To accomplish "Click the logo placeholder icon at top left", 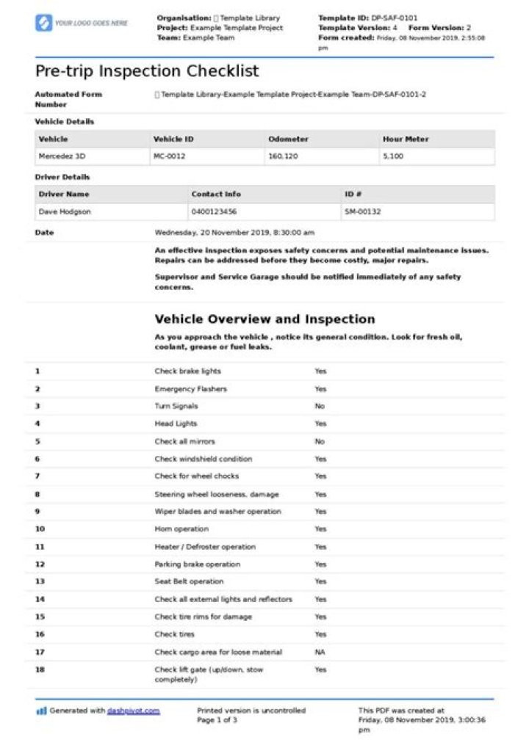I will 43,23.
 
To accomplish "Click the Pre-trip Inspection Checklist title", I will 147,71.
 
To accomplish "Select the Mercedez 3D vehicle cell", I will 60,156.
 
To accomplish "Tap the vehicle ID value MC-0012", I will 169,156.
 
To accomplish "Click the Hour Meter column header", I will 406,139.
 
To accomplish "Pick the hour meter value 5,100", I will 393,156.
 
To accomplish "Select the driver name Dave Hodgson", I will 66,211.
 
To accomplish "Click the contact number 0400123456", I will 214,211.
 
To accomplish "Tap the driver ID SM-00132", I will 362,211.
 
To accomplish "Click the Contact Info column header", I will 216,194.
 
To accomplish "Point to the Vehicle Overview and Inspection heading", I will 264,319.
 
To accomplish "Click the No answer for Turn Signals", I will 320,406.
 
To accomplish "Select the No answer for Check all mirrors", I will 320,441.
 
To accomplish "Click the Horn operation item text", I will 181,529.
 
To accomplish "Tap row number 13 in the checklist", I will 40,581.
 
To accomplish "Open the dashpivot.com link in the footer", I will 133,711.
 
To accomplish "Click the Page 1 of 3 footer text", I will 217,720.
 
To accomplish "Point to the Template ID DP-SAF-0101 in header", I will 397,18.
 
